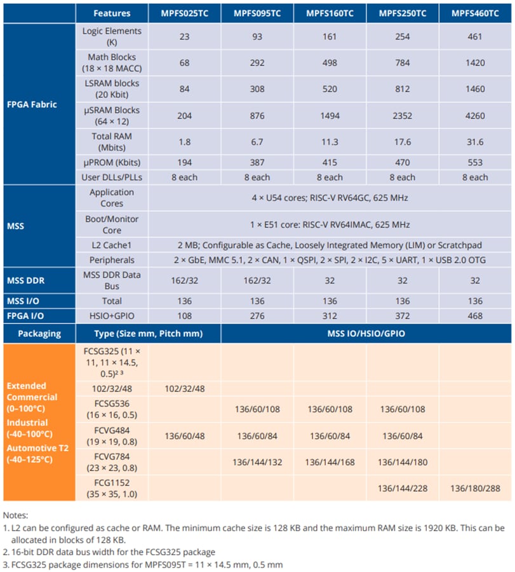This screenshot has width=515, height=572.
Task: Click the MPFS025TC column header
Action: [x=184, y=13]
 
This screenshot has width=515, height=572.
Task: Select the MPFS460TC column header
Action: [x=475, y=13]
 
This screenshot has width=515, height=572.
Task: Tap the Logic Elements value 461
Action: [x=475, y=36]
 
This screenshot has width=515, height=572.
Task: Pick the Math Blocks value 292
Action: [x=257, y=63]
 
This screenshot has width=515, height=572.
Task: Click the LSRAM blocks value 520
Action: [x=330, y=90]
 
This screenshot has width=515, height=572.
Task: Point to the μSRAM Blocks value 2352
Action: [x=402, y=116]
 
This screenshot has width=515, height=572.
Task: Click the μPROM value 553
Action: [x=475, y=163]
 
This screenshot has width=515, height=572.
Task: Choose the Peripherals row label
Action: [x=112, y=261]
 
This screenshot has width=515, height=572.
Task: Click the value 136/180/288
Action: [x=475, y=487]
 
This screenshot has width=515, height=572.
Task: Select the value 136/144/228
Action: [x=402, y=487]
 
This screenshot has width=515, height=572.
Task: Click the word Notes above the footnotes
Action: [x=15, y=515]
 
